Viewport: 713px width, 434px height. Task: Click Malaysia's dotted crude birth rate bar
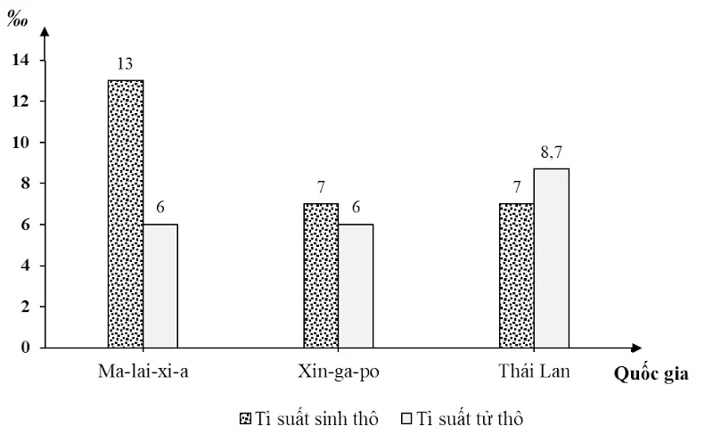pos(126,214)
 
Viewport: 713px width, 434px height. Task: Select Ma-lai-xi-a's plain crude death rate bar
pos(160,285)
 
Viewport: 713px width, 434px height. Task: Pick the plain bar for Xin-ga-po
pos(356,285)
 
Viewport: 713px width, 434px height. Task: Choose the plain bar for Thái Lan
pos(551,258)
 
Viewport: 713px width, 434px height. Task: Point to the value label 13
pos(126,64)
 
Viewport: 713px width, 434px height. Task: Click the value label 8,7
pos(552,152)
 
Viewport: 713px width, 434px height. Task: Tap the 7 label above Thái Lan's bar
pos(517,188)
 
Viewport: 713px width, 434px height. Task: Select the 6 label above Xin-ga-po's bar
pos(356,209)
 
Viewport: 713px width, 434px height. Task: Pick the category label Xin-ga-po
pos(338,370)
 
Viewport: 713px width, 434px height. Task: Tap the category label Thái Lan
pos(533,370)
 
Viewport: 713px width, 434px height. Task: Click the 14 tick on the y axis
pos(20,60)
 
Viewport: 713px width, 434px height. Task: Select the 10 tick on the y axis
pos(20,143)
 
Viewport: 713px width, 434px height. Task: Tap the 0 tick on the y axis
pos(25,348)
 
